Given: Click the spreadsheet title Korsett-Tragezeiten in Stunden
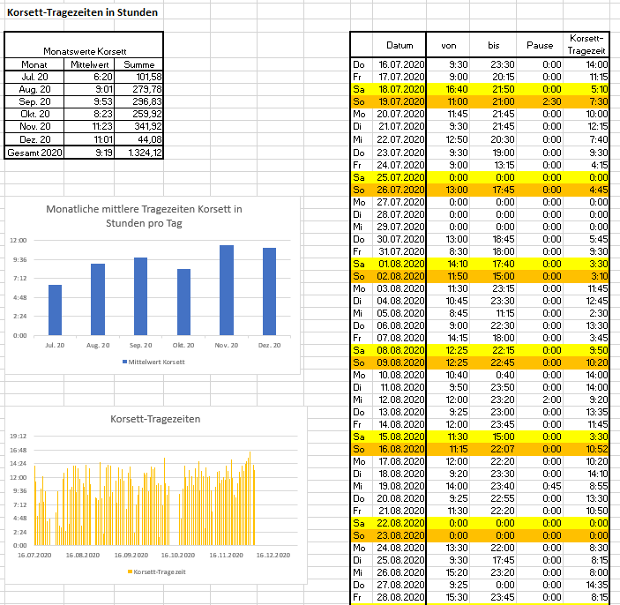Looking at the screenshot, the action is tap(82, 12).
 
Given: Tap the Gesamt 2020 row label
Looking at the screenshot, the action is tap(34, 153).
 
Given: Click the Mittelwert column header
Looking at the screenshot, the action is tap(89, 64).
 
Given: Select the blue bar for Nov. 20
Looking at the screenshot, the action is tap(227, 290).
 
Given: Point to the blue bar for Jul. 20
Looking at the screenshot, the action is tap(55, 310).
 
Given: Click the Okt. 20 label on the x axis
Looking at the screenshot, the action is tap(183, 345).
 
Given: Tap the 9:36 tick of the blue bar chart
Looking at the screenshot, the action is tap(19, 259).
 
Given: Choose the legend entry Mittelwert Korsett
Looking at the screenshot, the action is tap(153, 362).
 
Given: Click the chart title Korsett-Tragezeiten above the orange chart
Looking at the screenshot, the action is tap(155, 419).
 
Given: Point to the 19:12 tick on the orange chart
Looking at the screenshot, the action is tap(19, 437).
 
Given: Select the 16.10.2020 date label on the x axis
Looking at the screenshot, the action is tap(178, 556).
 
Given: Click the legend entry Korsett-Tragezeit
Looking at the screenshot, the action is tap(157, 571).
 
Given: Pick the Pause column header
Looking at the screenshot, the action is tap(540, 46).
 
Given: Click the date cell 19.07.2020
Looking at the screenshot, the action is tap(401, 101).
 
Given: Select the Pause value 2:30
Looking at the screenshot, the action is tap(551, 101).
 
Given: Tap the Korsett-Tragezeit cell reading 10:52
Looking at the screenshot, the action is tap(597, 449).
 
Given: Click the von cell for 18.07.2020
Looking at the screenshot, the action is tap(457, 89).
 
